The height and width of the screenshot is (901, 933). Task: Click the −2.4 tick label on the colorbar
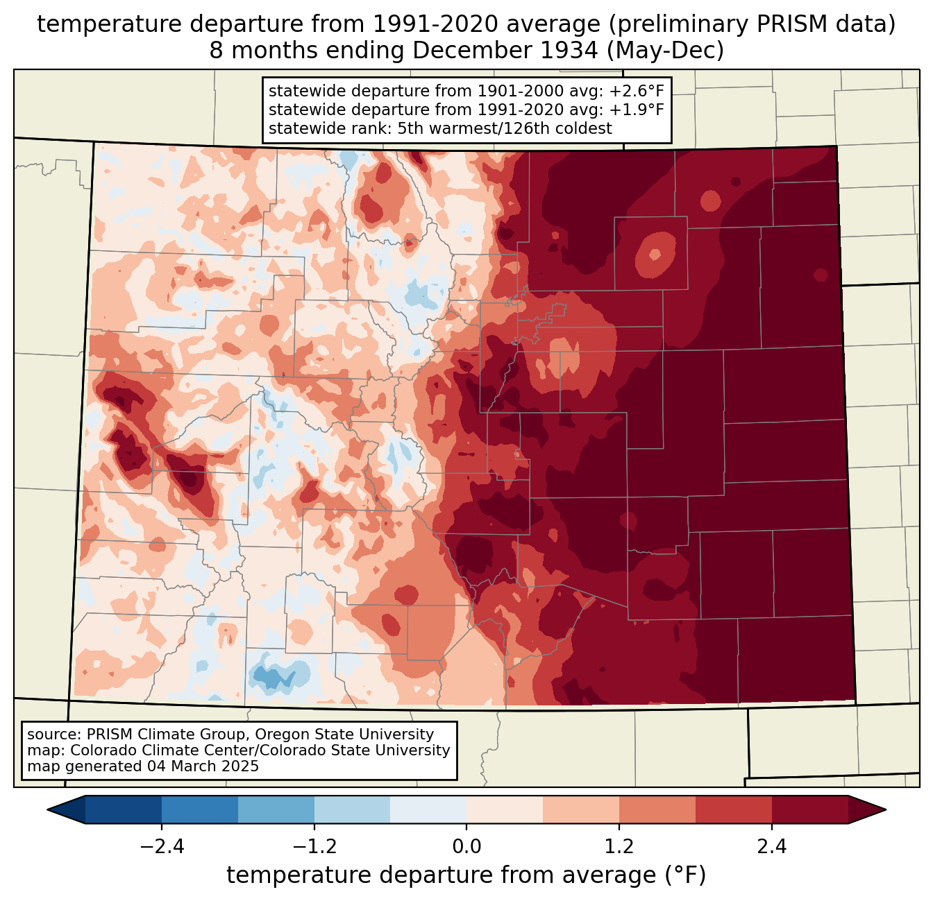pos(162,847)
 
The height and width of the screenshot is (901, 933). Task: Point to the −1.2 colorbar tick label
pos(314,847)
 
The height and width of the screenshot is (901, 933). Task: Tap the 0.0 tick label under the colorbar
pos(466,847)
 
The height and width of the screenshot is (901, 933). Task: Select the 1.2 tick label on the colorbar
pos(619,847)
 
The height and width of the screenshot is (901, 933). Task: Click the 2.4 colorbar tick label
pos(772,847)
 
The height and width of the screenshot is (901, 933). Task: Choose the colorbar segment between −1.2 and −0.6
pos(353,810)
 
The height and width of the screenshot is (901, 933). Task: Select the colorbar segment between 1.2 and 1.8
pos(657,810)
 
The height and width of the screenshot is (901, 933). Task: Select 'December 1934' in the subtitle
pos(505,51)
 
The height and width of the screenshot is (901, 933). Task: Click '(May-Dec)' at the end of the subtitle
pos(666,51)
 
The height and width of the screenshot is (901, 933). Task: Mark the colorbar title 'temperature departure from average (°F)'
pos(466,875)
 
